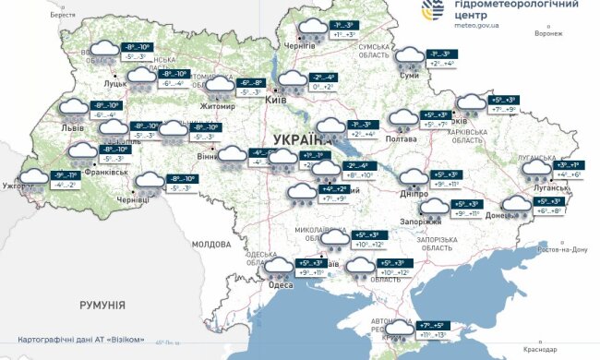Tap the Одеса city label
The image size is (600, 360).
point(281,285)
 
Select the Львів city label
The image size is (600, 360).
point(73,128)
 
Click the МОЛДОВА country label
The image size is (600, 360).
point(210,245)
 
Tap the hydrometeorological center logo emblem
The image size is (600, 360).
point(431,12)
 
